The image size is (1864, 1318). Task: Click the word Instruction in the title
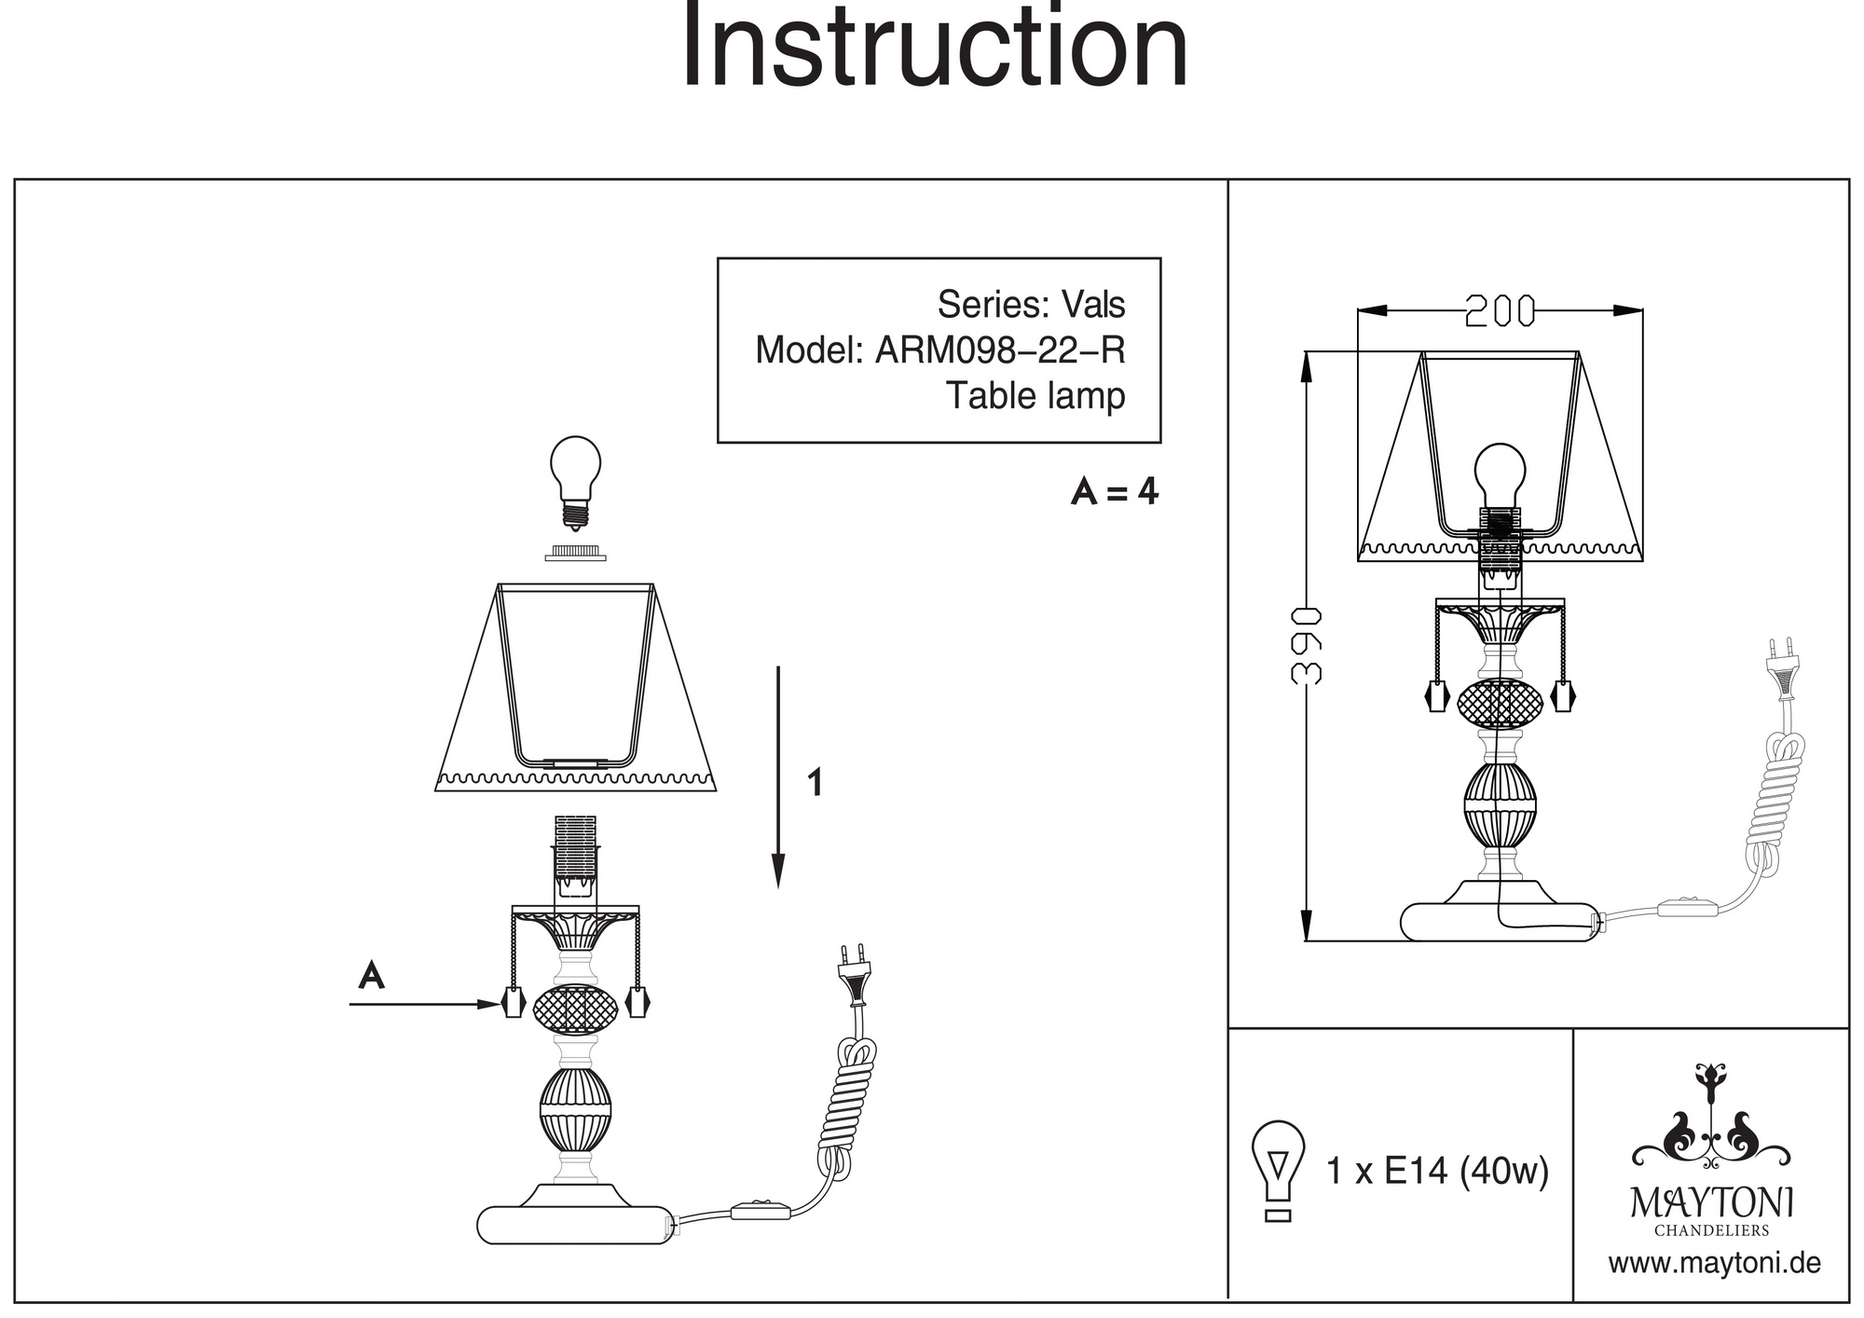[x=935, y=47]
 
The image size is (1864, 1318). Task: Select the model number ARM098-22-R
[x=999, y=350]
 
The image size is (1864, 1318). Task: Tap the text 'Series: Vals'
[x=1031, y=305]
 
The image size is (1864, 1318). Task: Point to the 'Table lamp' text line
[x=1035, y=395]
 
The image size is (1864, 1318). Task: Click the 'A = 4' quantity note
[x=1114, y=491]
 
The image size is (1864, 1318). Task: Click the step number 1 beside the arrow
[x=815, y=783]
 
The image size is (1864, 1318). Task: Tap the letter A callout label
[x=372, y=975]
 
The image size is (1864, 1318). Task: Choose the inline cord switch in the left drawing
[x=761, y=1211]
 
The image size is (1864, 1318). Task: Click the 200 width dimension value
[x=1500, y=311]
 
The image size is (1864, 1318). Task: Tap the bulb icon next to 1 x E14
[x=1278, y=1171]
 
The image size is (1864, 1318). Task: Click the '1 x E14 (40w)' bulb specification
[x=1436, y=1171]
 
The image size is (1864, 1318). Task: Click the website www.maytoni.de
[x=1714, y=1264]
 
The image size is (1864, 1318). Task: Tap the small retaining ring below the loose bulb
[x=575, y=554]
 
